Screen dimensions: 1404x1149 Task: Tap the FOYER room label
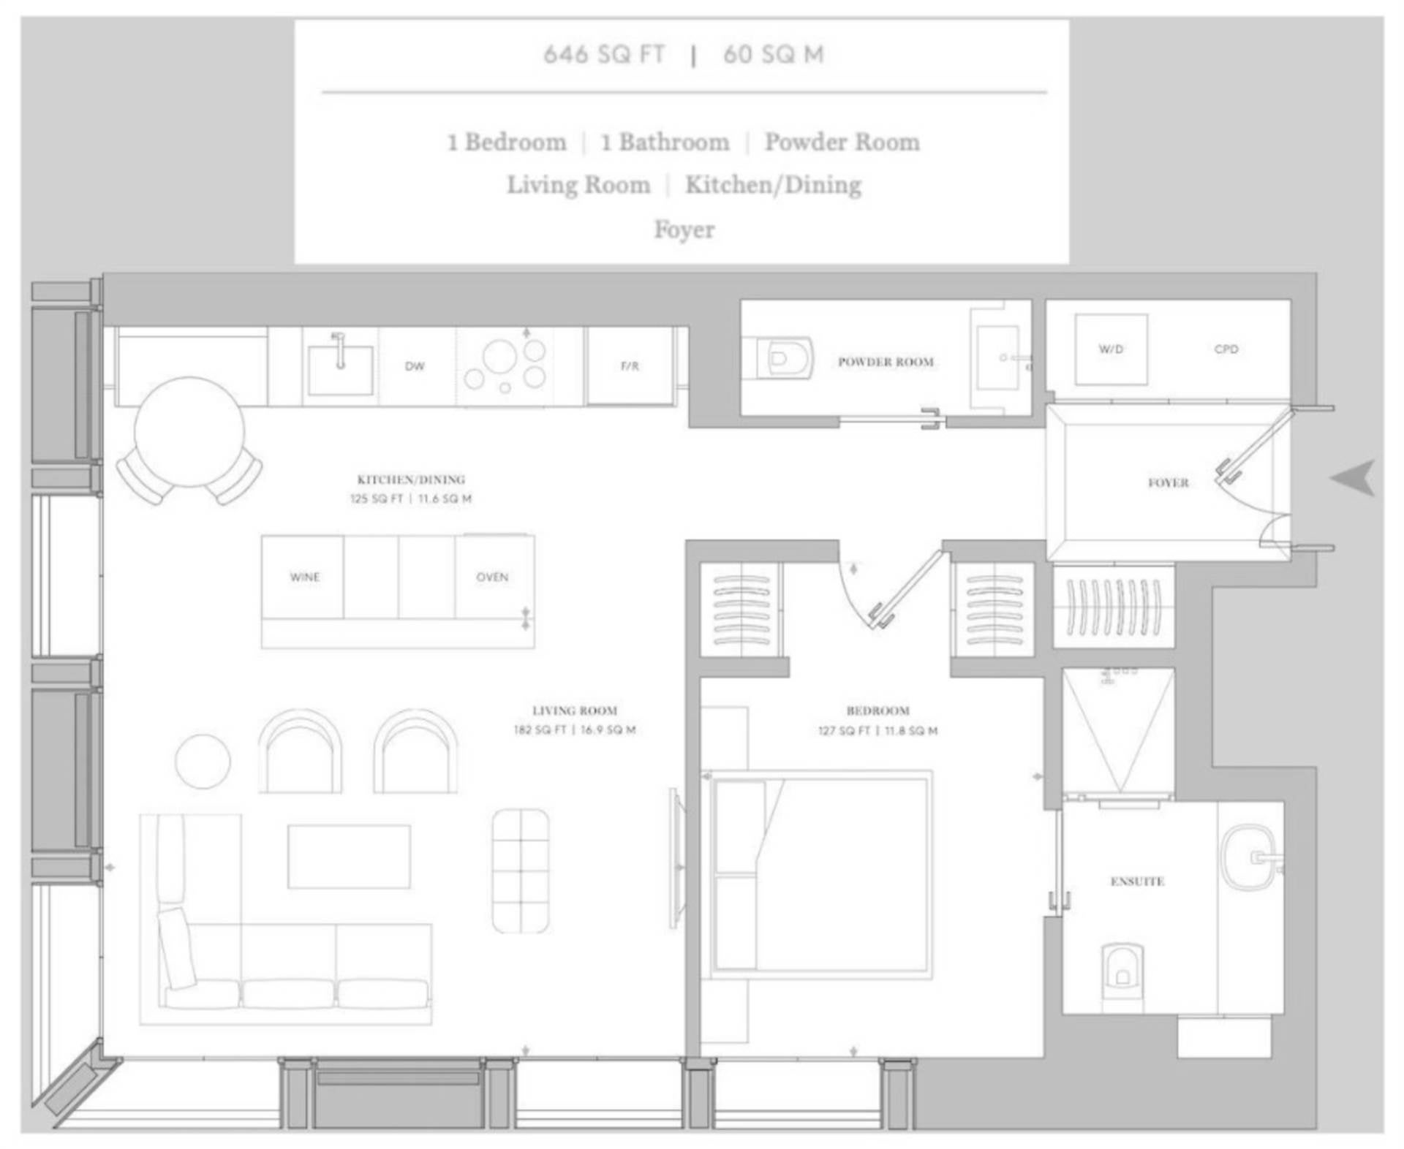pos(1168,482)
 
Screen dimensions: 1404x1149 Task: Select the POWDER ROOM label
pos(886,361)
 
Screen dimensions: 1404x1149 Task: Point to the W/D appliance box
pos(1111,349)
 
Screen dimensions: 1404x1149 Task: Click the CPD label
pos(1226,349)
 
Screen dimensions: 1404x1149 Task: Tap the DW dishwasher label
pos(415,366)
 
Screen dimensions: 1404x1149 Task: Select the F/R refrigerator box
pos(630,365)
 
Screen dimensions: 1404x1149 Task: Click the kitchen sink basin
pos(340,371)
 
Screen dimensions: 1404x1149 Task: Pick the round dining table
pos(189,431)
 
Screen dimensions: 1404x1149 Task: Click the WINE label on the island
pos(305,577)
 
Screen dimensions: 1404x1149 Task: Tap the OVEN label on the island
pos(492,577)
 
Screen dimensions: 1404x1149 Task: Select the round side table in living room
pos(203,761)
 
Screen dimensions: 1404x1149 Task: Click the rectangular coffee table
pos(349,857)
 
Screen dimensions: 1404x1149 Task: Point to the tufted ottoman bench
pos(521,871)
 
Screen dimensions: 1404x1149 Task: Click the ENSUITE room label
pos(1137,881)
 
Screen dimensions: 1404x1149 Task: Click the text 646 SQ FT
pos(605,54)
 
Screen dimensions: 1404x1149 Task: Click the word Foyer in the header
pos(684,230)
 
